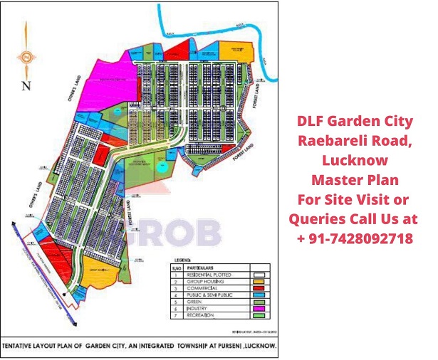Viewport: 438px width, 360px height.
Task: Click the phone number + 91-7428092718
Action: [354, 237]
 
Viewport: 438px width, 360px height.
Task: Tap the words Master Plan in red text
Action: [354, 178]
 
